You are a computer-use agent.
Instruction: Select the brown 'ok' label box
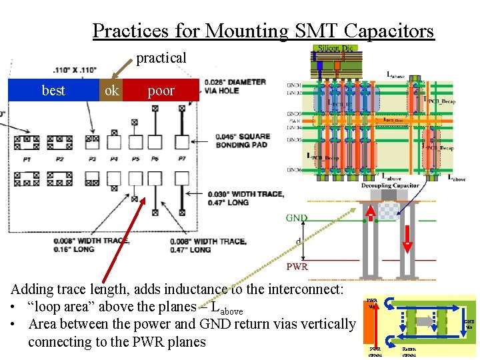point(111,91)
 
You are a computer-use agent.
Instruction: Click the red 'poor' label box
point(161,91)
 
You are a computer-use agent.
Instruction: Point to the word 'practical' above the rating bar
point(161,58)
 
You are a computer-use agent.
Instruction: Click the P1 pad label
point(27,159)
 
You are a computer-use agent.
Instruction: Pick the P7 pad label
point(182,159)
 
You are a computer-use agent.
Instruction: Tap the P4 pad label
point(114,159)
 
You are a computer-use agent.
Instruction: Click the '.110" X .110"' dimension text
point(75,69)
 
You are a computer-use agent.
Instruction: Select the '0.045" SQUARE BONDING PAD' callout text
point(241,141)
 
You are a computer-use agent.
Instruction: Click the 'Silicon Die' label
point(337,48)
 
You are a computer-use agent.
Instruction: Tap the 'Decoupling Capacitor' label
point(390,185)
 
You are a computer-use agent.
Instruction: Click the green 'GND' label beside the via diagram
point(297,218)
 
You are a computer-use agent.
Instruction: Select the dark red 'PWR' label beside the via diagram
point(297,267)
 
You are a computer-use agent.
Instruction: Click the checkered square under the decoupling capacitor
point(387,210)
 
